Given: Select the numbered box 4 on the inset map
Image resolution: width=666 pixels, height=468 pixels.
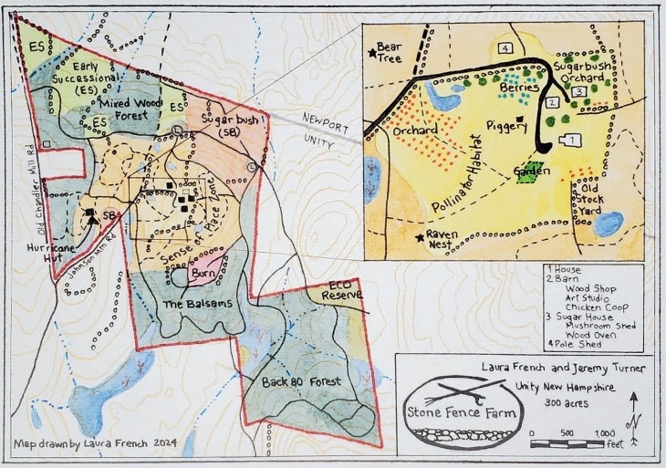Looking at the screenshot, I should click(x=504, y=47).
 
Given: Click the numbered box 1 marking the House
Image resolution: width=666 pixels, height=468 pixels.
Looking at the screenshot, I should click(x=573, y=140).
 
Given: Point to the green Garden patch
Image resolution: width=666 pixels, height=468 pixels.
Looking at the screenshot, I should click(x=528, y=172).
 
